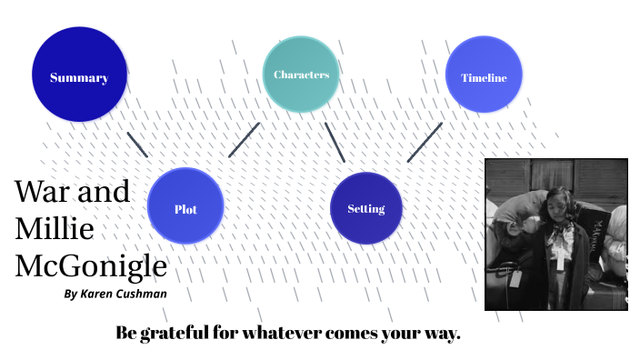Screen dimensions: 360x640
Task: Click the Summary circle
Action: click(x=78, y=77)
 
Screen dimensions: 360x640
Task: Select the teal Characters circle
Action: click(x=301, y=75)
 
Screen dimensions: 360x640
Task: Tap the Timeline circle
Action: click(x=483, y=77)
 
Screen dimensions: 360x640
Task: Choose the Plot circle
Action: click(x=185, y=208)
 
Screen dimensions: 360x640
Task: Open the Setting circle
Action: click(x=365, y=208)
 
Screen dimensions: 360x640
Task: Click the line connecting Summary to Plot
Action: click(x=137, y=145)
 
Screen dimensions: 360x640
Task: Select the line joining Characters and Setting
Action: click(x=335, y=142)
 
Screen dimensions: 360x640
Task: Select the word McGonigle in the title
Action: click(x=91, y=266)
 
